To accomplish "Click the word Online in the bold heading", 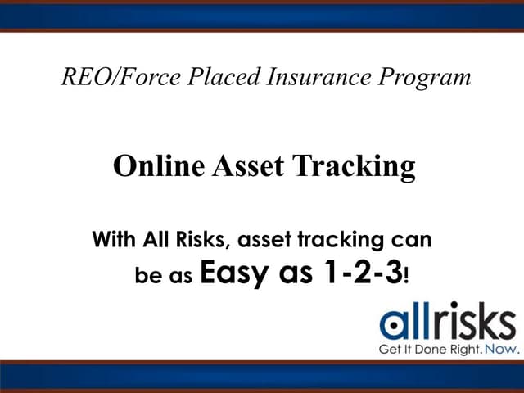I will click(x=158, y=166).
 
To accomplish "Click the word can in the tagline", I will click(x=413, y=242).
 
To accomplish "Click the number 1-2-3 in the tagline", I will click(x=353, y=272).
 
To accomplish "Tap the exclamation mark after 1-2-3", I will click(x=405, y=273).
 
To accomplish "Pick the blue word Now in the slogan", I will click(x=501, y=349).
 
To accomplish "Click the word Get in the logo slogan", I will click(x=389, y=349).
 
